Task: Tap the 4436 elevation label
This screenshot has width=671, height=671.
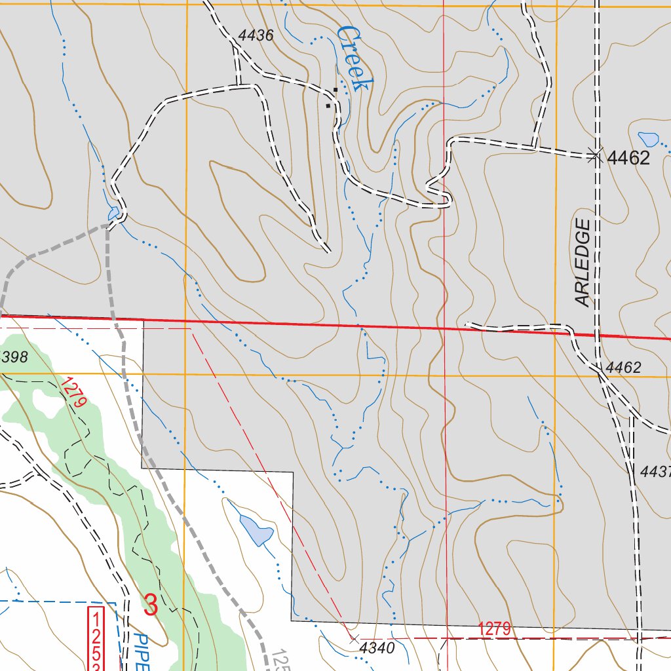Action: coord(256,36)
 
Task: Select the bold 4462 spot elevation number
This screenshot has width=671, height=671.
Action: coord(628,158)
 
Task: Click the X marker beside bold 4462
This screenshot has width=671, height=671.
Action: coord(595,155)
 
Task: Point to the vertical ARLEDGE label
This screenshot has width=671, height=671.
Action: coord(583,262)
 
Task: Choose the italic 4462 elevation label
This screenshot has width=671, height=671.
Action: coord(623,368)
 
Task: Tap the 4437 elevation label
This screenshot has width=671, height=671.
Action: coord(656,470)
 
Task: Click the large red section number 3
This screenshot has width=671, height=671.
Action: coord(151,605)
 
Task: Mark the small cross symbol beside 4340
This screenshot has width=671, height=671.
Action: coord(353,638)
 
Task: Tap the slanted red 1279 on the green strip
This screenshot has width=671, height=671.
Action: coord(74,392)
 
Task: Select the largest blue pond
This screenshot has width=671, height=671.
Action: coord(256,529)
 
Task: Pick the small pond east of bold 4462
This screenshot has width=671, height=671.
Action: coord(648,139)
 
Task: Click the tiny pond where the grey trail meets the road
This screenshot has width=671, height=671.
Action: coord(113,214)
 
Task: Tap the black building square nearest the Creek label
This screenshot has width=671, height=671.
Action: coord(335,89)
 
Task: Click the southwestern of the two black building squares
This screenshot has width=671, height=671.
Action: coord(328,105)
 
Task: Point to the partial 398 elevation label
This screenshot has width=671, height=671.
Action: coord(14,357)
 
